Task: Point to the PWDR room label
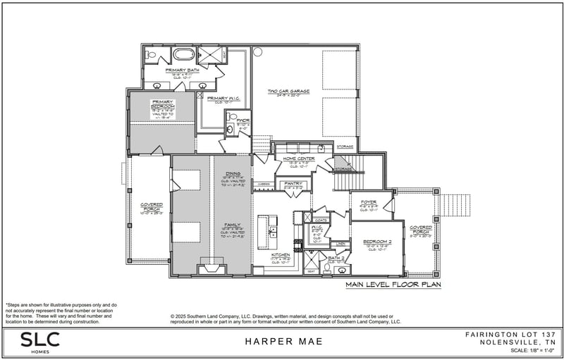click(x=243, y=120)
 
